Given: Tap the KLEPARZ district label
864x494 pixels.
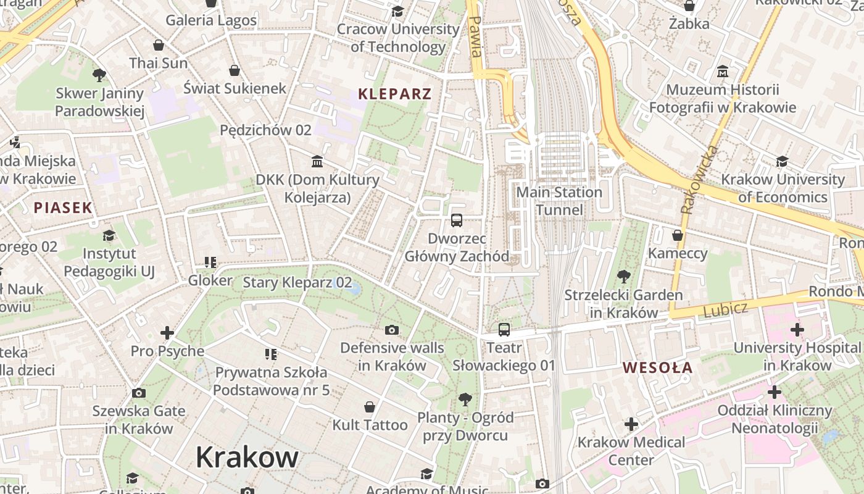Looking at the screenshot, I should click(395, 94).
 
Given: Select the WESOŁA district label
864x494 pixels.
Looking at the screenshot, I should click(657, 368).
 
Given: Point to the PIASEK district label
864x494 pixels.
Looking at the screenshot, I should click(63, 207).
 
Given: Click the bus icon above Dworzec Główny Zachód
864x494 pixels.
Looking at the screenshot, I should click(457, 220).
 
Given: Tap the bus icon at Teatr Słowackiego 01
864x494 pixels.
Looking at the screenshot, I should click(504, 329).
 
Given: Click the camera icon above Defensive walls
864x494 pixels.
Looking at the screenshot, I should click(391, 330).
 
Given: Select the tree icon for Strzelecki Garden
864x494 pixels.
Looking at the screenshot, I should click(623, 277).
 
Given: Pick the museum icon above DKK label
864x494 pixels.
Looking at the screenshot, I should click(317, 162).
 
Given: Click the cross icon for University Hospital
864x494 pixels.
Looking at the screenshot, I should click(797, 330).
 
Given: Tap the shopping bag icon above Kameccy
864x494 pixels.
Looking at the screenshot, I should click(678, 235).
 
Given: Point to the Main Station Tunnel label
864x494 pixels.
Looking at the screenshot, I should click(559, 201).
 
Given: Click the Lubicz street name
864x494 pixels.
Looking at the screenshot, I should click(726, 309).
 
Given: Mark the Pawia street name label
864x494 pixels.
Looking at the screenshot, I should click(475, 36).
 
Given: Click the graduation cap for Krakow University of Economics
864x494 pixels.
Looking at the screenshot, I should click(782, 161).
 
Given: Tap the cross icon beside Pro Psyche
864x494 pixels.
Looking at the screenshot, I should click(167, 333).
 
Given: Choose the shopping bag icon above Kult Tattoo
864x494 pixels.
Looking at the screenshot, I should click(369, 407).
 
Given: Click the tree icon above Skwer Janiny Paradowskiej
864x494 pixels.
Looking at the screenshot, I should click(99, 75).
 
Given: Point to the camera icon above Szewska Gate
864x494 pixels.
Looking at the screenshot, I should click(139, 393).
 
